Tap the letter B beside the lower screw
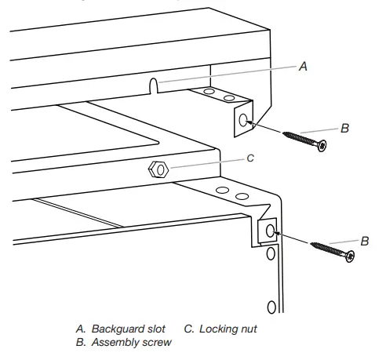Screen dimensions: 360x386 (363, 241)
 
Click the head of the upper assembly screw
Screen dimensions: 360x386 (321, 145)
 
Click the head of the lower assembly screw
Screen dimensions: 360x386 (345, 256)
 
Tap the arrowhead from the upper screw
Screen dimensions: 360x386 (255, 122)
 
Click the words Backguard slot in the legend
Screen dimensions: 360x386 (132, 329)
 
